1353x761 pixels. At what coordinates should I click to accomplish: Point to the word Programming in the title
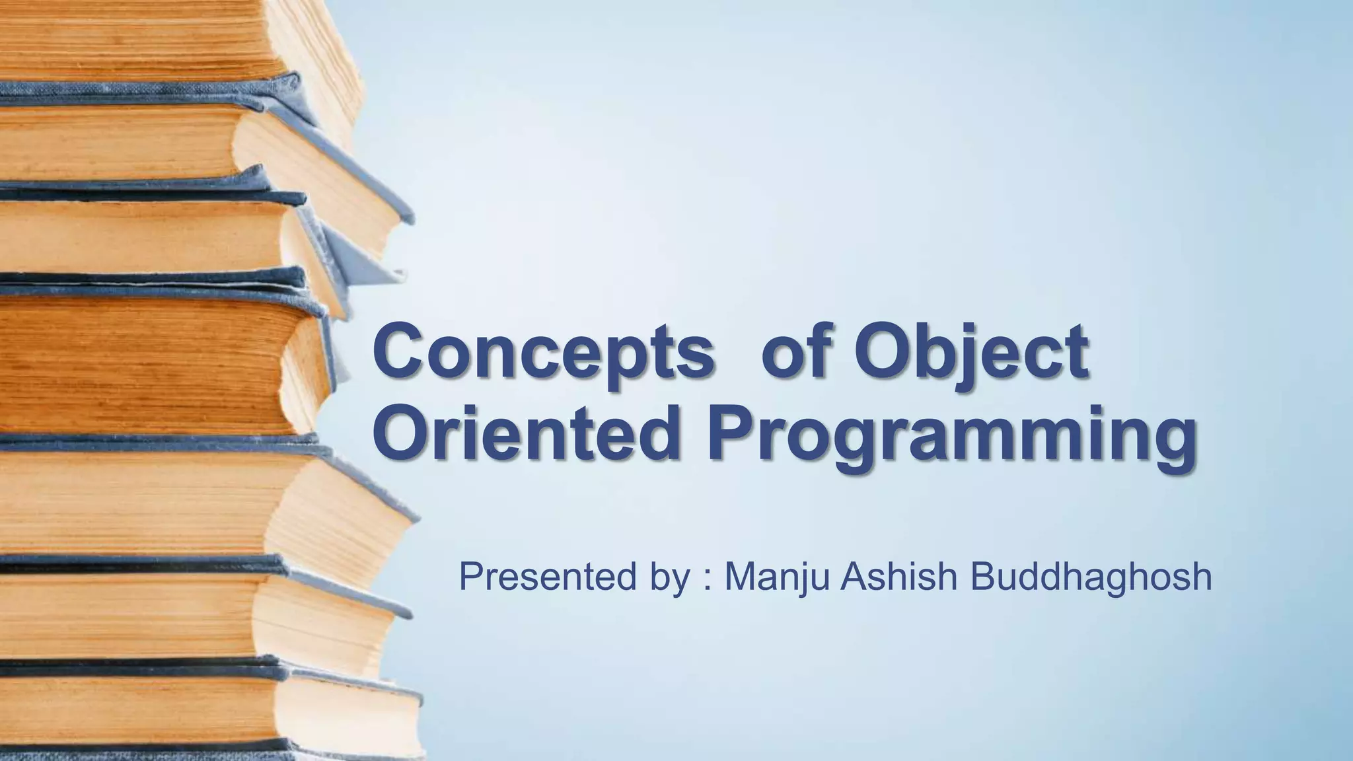(x=952, y=436)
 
